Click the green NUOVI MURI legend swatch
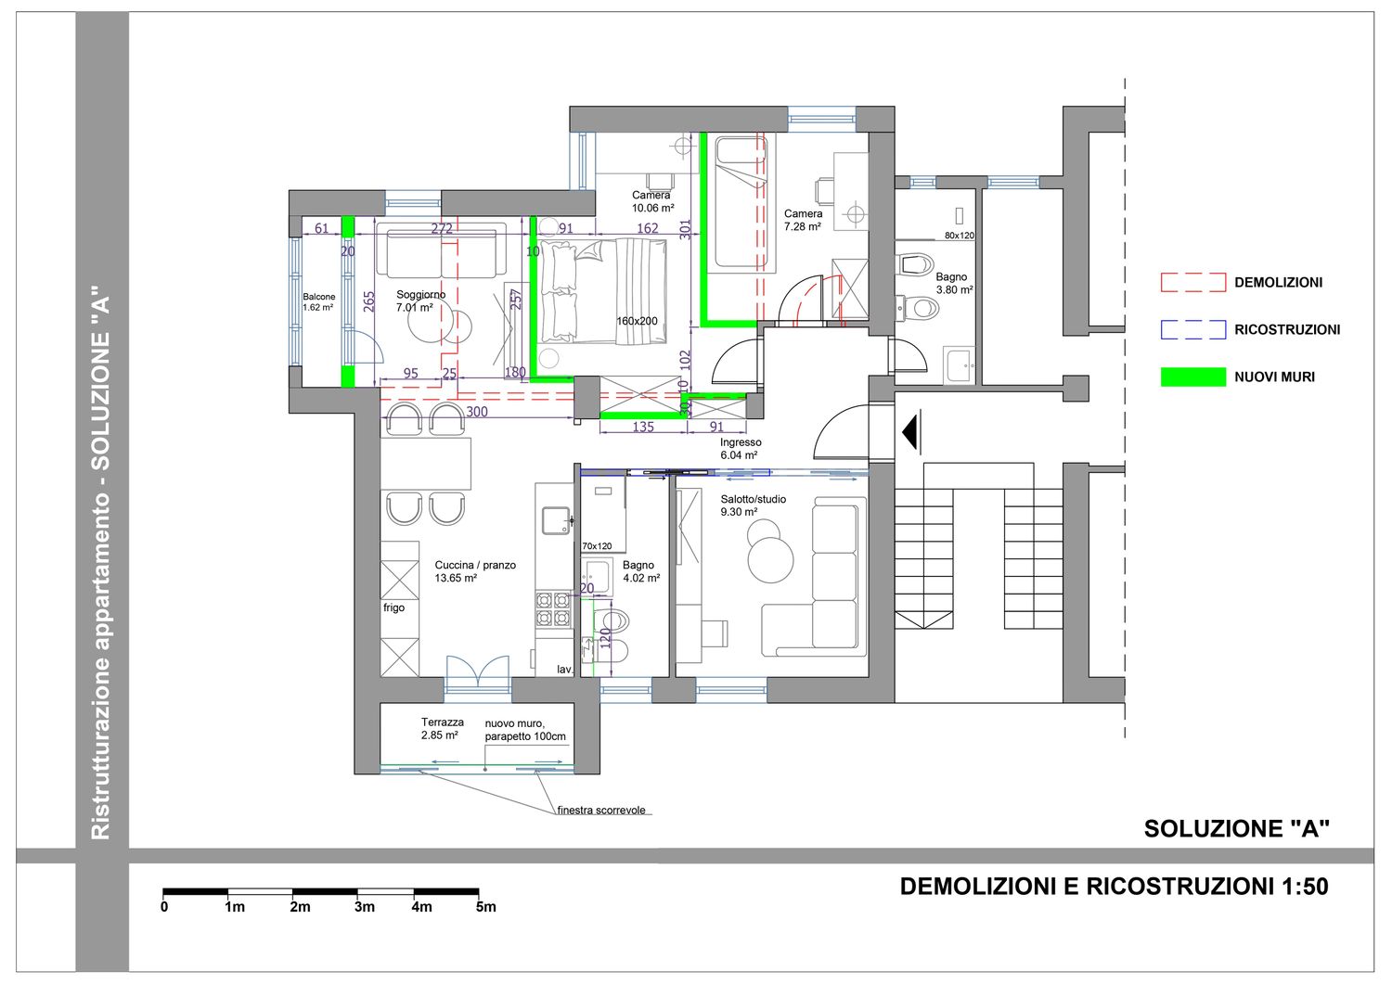[1193, 377]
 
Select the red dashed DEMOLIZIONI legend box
[1193, 282]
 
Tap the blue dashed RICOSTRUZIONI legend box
[1193, 329]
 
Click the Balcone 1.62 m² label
[319, 302]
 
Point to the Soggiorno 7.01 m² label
[420, 300]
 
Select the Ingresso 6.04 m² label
[741, 449]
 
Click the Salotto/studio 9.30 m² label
[753, 505]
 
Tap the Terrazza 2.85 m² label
[442, 728]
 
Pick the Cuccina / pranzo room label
[475, 571]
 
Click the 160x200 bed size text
[637, 321]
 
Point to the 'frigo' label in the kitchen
[393, 607]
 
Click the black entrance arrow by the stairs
[911, 432]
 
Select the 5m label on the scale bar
[486, 907]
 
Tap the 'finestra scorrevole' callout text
[601, 810]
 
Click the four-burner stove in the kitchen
[553, 608]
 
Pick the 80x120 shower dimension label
[959, 236]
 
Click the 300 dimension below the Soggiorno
[477, 411]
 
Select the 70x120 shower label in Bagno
[597, 546]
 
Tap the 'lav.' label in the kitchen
[564, 669]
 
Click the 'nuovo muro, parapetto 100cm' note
[525, 730]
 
